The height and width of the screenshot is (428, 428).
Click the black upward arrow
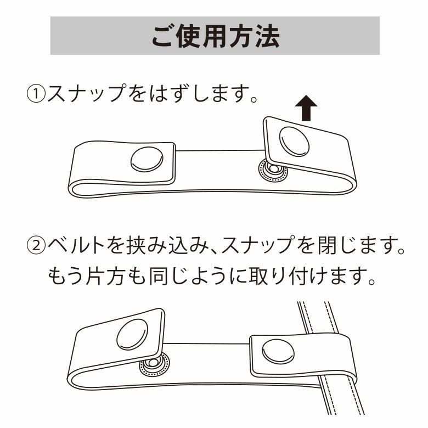[x=306, y=108]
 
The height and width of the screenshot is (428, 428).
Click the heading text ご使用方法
[x=215, y=36]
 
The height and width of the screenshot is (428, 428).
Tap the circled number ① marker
[x=36, y=94]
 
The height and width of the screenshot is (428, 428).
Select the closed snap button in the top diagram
[x=147, y=160]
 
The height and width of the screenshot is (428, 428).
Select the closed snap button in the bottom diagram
[x=278, y=352]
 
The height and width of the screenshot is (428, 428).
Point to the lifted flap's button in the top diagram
[x=294, y=142]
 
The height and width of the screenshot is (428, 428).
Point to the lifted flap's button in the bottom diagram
[x=132, y=334]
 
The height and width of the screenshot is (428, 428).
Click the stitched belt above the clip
[x=318, y=318]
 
